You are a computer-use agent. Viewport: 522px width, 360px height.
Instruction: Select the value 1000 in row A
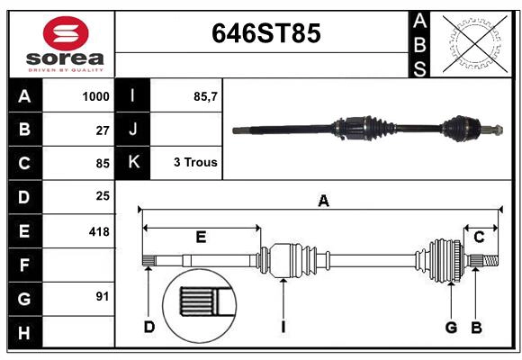point(95,96)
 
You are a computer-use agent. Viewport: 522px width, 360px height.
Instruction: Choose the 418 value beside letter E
point(99,231)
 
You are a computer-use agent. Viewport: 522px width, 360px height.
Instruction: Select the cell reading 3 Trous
point(195,163)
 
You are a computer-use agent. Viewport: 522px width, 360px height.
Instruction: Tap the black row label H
point(24,333)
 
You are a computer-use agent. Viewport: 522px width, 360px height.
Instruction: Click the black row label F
point(24,265)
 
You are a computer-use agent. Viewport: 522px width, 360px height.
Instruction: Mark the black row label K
point(133,163)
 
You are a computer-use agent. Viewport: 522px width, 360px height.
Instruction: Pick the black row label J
point(133,130)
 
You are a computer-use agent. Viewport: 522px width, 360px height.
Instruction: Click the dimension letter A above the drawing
point(323,202)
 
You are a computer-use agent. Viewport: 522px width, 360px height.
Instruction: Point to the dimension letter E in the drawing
point(201,237)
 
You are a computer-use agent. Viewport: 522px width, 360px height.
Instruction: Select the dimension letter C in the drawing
point(479,237)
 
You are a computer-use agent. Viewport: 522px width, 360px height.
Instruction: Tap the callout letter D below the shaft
point(149,327)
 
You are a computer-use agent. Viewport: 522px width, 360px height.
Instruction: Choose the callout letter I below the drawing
point(283,327)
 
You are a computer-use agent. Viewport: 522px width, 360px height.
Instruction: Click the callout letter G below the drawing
point(451,327)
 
